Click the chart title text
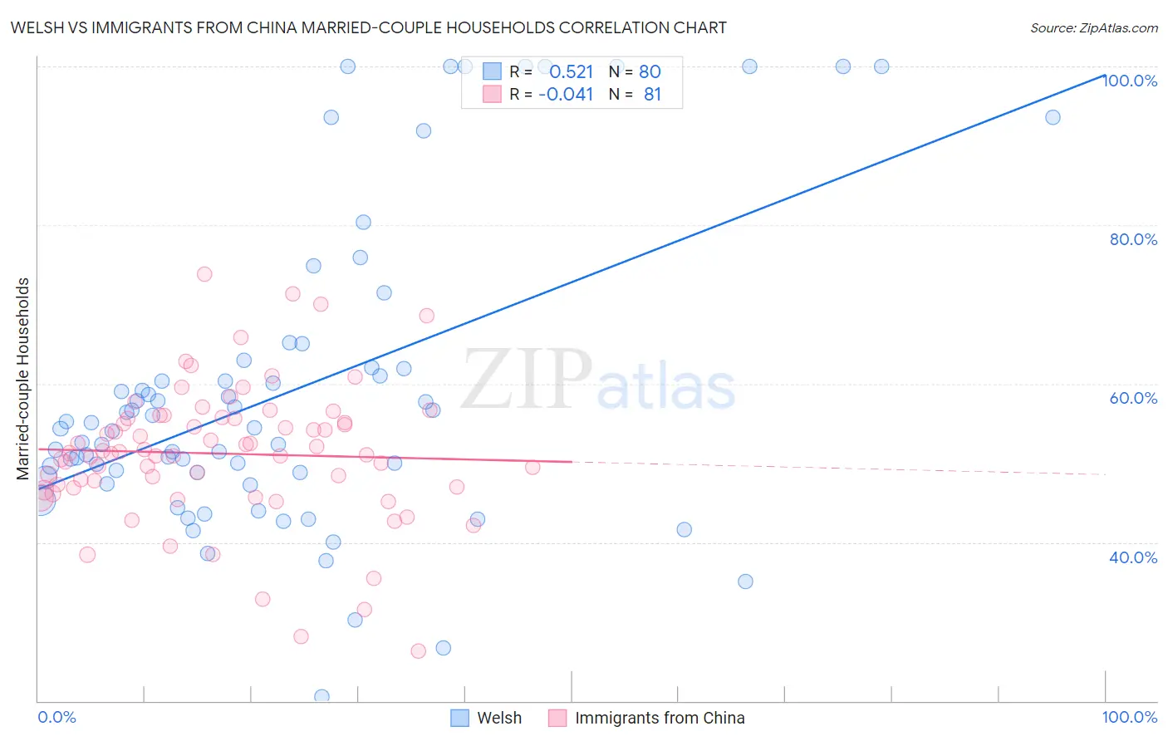click(368, 28)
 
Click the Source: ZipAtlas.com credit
click(1093, 28)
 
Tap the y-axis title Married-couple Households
click(23, 378)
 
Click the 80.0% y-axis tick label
click(1133, 239)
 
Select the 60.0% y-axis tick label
click(1133, 398)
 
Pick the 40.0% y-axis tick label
click(1133, 557)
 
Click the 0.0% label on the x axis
click(56, 717)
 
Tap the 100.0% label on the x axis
click(1129, 717)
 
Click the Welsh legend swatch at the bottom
click(460, 718)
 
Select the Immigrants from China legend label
click(660, 718)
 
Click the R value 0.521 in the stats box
click(572, 72)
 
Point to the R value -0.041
click(566, 95)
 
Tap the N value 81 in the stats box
click(652, 95)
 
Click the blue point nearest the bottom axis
click(321, 696)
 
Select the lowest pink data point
click(419, 651)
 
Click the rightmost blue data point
click(1053, 117)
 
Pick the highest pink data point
click(204, 274)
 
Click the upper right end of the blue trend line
click(1104, 74)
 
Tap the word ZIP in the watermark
click(527, 379)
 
